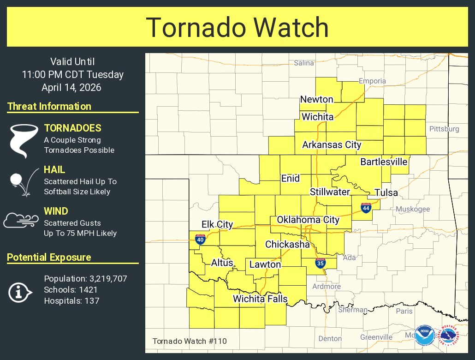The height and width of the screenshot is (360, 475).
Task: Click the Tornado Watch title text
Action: point(237,27)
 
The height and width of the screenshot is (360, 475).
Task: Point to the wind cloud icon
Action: point(20,220)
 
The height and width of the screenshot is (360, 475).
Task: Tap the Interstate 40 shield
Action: point(200,239)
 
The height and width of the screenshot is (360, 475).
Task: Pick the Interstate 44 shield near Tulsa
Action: point(366,208)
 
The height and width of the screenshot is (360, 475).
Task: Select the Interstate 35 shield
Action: point(320,263)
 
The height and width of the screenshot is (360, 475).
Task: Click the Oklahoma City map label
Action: point(308,220)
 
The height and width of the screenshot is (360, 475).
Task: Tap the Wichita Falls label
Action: point(260,299)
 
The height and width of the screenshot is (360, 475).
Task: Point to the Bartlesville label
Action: point(384,162)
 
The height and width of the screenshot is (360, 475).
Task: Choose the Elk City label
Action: point(217,224)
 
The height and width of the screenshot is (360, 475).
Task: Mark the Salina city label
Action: point(303,63)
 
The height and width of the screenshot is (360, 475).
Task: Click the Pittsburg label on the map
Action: point(444,129)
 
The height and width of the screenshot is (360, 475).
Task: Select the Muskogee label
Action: point(413,209)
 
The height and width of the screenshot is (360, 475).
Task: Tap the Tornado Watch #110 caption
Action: point(190,341)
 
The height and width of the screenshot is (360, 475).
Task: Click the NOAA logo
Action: point(424,336)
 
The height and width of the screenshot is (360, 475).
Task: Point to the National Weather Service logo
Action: point(451,336)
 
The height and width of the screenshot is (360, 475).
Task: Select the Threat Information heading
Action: point(49,106)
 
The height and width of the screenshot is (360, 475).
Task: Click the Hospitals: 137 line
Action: point(71,301)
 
